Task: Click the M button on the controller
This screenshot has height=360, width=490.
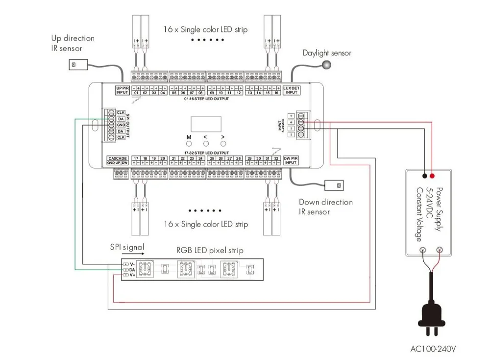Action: pos(188,144)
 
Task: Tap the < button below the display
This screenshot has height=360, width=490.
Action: pos(206,144)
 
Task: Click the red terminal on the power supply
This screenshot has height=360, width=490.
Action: pos(432,176)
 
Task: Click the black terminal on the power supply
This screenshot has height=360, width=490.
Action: pos(424,176)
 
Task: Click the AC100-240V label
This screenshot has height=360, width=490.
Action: pos(433,350)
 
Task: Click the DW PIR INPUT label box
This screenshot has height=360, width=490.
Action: pos(291,160)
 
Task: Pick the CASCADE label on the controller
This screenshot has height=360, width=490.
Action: pos(118,158)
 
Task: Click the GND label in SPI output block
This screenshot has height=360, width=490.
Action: pos(121,125)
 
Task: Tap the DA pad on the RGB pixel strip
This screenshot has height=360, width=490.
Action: pos(126,270)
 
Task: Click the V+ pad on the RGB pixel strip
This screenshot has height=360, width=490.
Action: pos(126,275)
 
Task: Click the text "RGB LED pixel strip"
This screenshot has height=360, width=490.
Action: pos(210,250)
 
